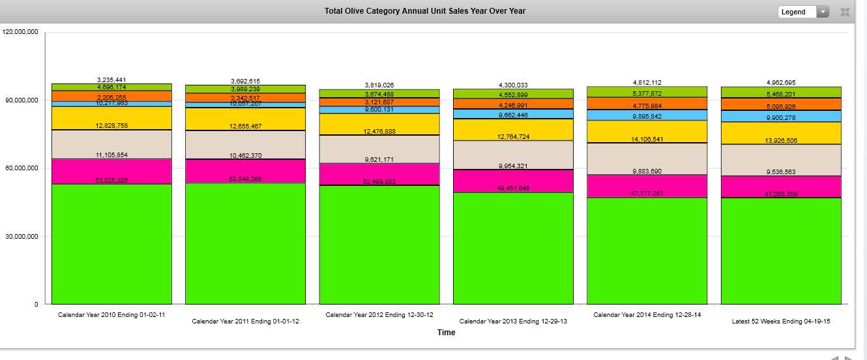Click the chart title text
[424, 11]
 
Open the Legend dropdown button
[803, 12]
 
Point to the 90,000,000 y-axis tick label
[22, 100]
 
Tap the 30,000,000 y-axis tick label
[22, 236]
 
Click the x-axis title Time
[446, 333]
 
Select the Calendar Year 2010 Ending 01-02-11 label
[111, 315]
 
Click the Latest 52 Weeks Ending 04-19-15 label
[780, 322]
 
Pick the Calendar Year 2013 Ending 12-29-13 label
[513, 322]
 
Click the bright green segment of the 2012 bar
[379, 248]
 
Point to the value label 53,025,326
[111, 180]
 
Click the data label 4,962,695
[781, 83]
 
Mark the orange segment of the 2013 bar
[513, 104]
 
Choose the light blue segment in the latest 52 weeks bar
[781, 116]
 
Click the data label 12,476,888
[379, 132]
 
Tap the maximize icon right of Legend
[845, 12]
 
